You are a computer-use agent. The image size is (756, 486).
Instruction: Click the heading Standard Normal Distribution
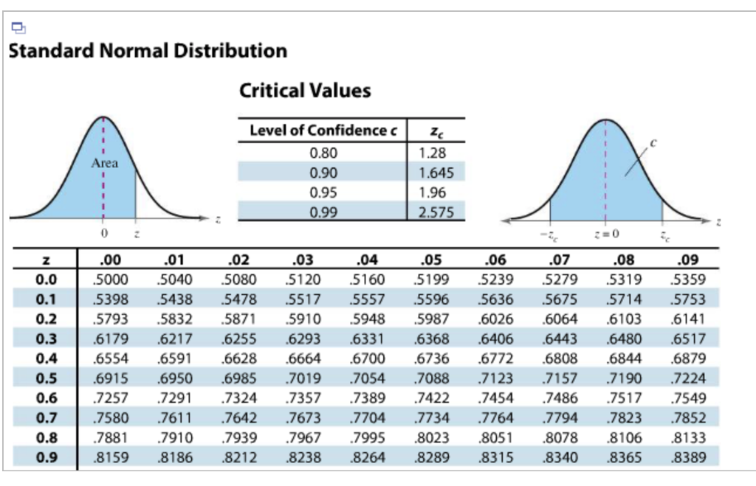(148, 51)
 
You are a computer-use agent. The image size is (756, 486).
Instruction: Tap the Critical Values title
(305, 91)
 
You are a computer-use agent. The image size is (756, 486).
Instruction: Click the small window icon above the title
(18, 29)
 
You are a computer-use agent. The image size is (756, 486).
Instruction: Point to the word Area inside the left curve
(104, 164)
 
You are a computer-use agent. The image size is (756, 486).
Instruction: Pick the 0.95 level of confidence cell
(323, 193)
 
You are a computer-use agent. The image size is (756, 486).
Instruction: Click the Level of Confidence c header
(323, 131)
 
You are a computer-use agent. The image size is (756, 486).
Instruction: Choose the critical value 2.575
(436, 212)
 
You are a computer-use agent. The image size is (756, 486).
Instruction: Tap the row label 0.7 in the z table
(46, 418)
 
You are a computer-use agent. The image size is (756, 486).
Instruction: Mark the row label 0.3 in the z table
(46, 339)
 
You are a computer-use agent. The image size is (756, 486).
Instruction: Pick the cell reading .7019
(299, 378)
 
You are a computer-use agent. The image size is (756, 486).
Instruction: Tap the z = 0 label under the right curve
(607, 235)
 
